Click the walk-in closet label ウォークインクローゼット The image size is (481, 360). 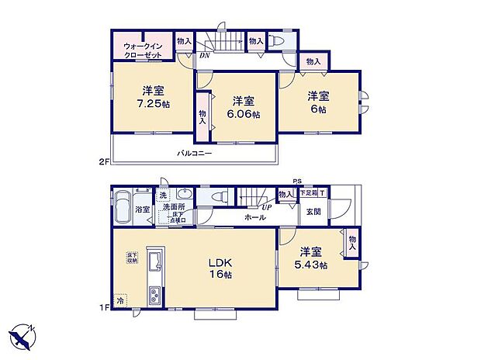pyautogui.click(x=143, y=51)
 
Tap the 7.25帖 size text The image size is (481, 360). pyautogui.click(x=153, y=104)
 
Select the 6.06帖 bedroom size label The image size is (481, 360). pyautogui.click(x=244, y=114)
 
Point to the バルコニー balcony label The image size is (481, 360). pyautogui.click(x=194, y=154)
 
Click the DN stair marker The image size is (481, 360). pyautogui.click(x=205, y=55)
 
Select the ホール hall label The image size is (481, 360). pyautogui.click(x=255, y=218)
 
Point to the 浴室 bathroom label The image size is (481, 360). pyautogui.click(x=143, y=209)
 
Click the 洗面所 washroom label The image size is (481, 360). pyautogui.click(x=174, y=207)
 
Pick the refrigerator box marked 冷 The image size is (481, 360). pyautogui.click(x=119, y=299)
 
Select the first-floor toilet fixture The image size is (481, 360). pyautogui.click(x=219, y=197)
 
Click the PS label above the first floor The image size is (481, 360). pyautogui.click(x=296, y=182)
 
